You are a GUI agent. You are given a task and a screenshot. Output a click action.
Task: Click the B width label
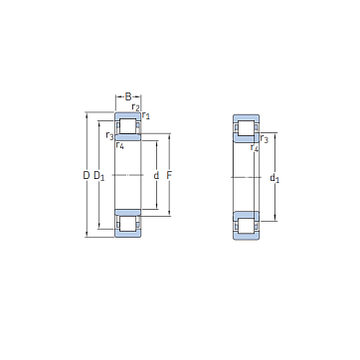[128, 96]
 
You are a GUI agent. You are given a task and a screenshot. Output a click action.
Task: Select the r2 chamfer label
[135, 107]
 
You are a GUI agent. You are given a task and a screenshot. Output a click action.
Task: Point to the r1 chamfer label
[145, 115]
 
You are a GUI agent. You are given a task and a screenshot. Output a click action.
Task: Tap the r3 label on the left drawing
[109, 135]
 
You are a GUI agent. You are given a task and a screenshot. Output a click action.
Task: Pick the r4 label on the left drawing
[119, 145]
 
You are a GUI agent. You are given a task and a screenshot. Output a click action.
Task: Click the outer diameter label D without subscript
[87, 175]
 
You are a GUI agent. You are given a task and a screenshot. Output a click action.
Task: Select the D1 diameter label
[98, 176]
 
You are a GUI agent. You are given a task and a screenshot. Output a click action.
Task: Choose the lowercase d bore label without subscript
[156, 175]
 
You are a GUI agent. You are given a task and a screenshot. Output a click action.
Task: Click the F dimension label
[169, 175]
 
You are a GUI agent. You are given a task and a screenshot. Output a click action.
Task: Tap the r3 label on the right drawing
[265, 139]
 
